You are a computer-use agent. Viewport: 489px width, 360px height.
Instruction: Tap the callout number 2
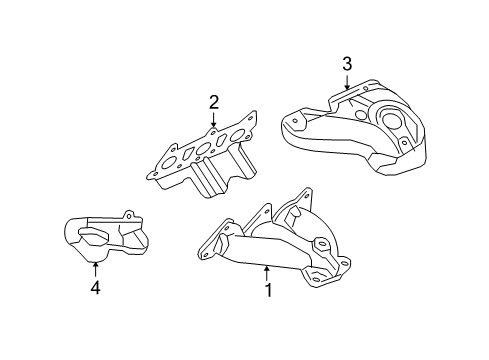pyautogui.click(x=213, y=101)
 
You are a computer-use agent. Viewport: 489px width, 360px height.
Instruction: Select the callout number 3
pyautogui.click(x=347, y=64)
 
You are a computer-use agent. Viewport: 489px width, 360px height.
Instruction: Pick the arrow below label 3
pyautogui.click(x=347, y=83)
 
